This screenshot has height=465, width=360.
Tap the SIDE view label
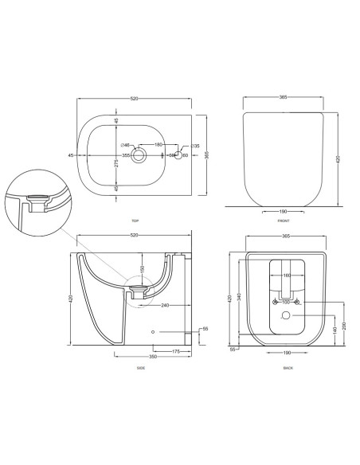point(140,368)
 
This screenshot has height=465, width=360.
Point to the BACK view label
point(288,368)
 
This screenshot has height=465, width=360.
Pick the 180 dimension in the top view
point(158,145)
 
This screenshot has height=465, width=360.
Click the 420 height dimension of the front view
point(338,158)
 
